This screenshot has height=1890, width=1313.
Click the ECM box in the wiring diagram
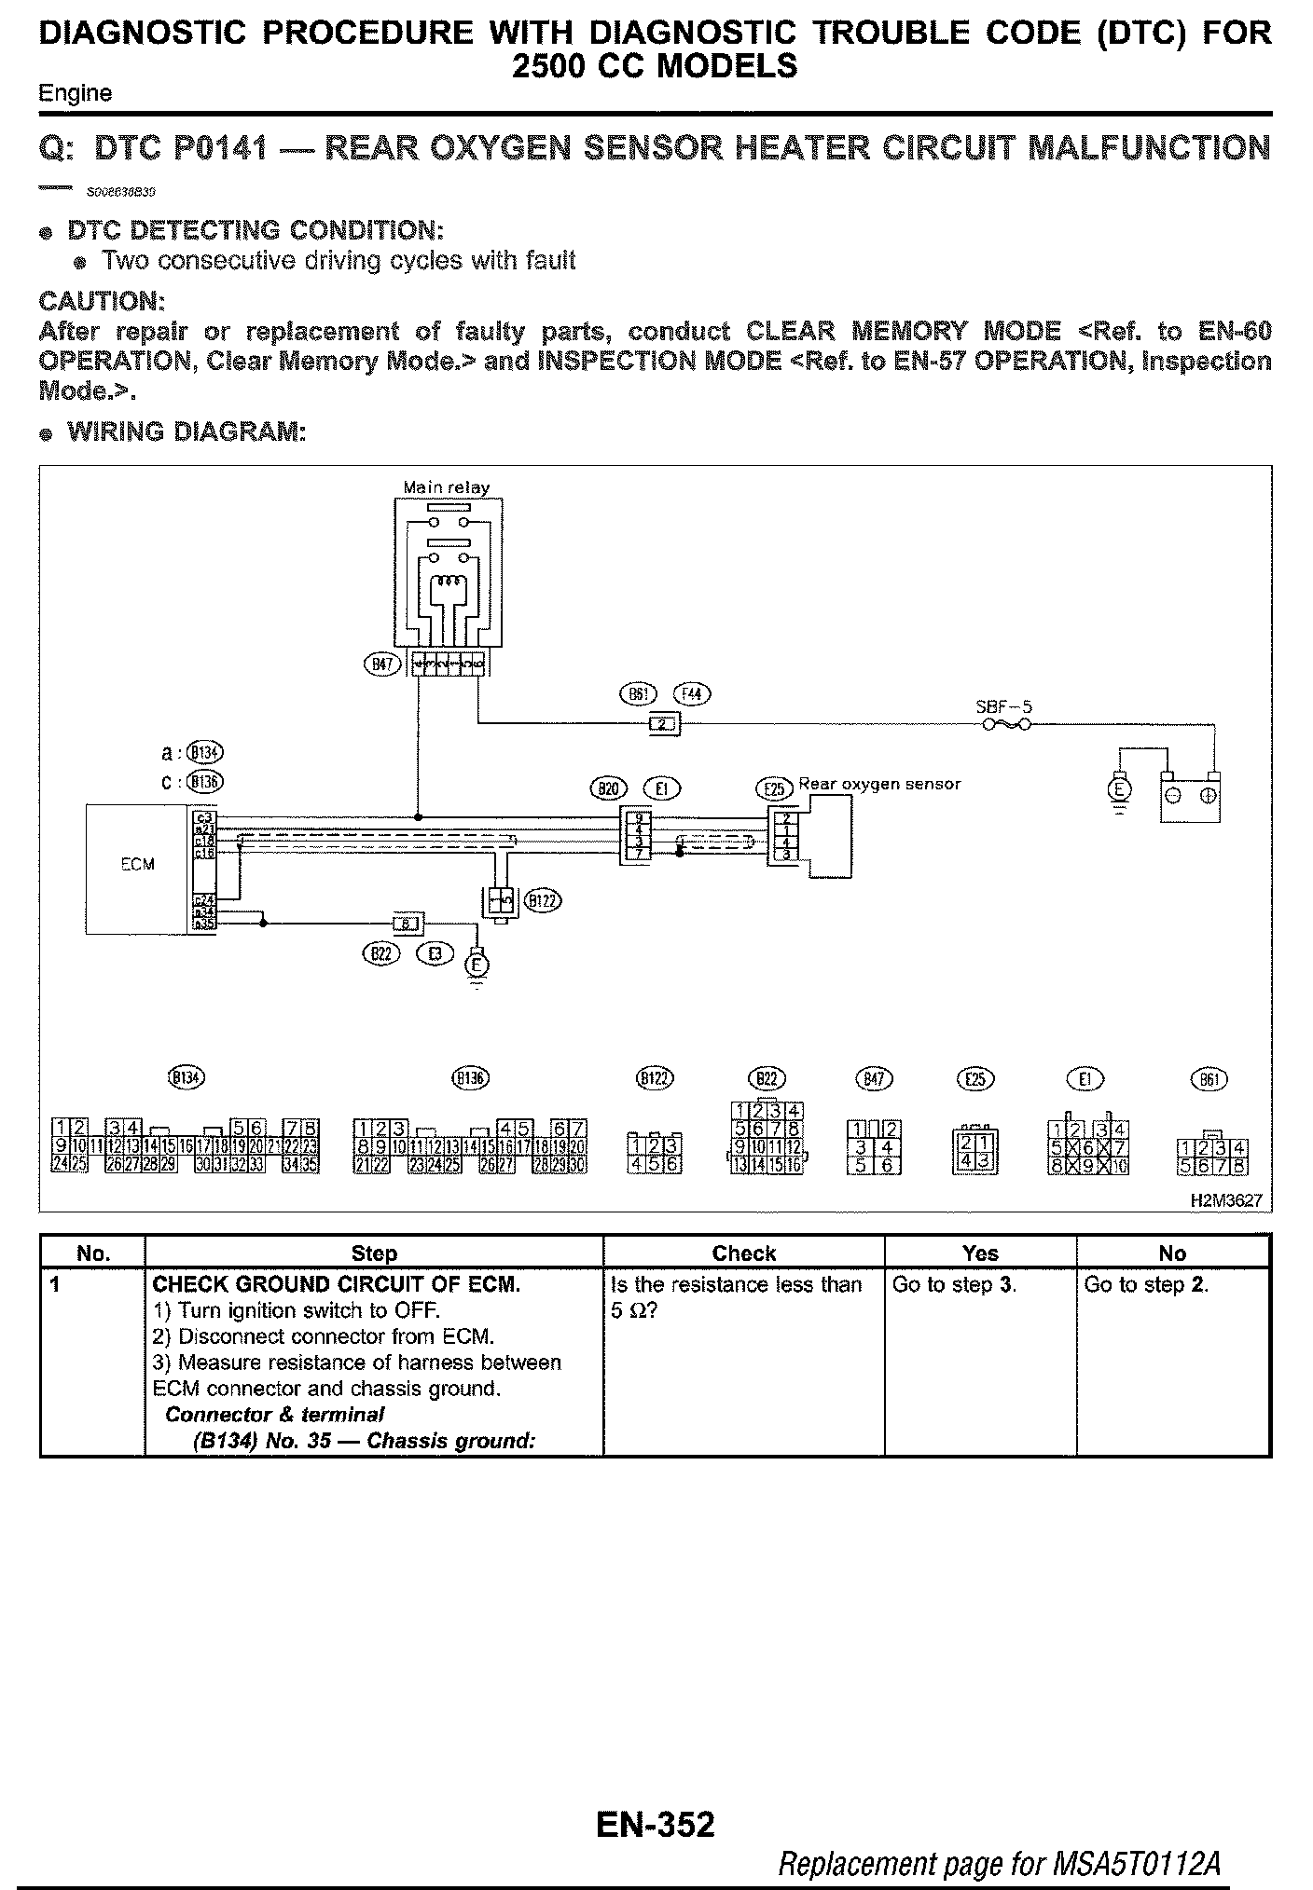pos(138,865)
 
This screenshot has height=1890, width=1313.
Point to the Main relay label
pos(446,487)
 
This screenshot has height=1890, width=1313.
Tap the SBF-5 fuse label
pos(1003,706)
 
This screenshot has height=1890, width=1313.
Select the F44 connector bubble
pos(692,694)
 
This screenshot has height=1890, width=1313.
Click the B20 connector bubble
pos(610,788)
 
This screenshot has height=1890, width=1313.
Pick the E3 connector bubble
pos(435,953)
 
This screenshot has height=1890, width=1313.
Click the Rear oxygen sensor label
pos(878,785)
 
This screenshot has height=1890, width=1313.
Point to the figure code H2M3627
pos(1226,1201)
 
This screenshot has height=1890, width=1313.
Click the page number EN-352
pos(656,1824)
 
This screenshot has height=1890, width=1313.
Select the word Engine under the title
pos(75,93)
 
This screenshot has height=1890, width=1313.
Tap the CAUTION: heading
pos(102,301)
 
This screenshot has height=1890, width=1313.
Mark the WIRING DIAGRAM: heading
pos(186,431)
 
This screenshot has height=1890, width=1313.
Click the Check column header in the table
pos(743,1253)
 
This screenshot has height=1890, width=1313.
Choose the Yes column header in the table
pos(979,1253)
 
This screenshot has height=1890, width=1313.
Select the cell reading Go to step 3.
pos(954,1284)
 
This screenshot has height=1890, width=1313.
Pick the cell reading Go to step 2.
pos(1146,1284)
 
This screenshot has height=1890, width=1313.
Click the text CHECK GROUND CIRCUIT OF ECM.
pos(336,1284)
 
